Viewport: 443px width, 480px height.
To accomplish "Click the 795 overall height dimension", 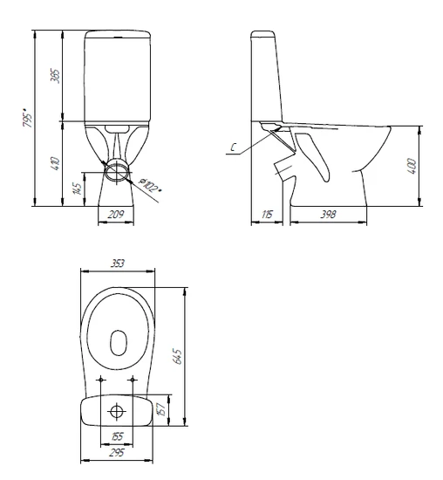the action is [x=28, y=118].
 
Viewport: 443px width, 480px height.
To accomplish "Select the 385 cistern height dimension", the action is [x=56, y=75].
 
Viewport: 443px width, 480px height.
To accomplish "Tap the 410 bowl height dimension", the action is [x=56, y=164].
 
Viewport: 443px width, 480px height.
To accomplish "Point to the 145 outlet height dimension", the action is [x=78, y=189].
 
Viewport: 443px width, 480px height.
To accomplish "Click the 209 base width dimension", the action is [x=116, y=214].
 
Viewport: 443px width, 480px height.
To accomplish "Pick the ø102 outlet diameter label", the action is [x=150, y=185].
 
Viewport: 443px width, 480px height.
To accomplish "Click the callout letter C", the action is [x=234, y=147].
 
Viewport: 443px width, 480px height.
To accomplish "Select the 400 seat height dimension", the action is [x=412, y=166].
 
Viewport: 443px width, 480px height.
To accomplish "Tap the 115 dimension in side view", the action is [x=267, y=215].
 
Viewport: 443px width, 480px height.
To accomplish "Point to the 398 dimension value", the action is [x=328, y=215].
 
